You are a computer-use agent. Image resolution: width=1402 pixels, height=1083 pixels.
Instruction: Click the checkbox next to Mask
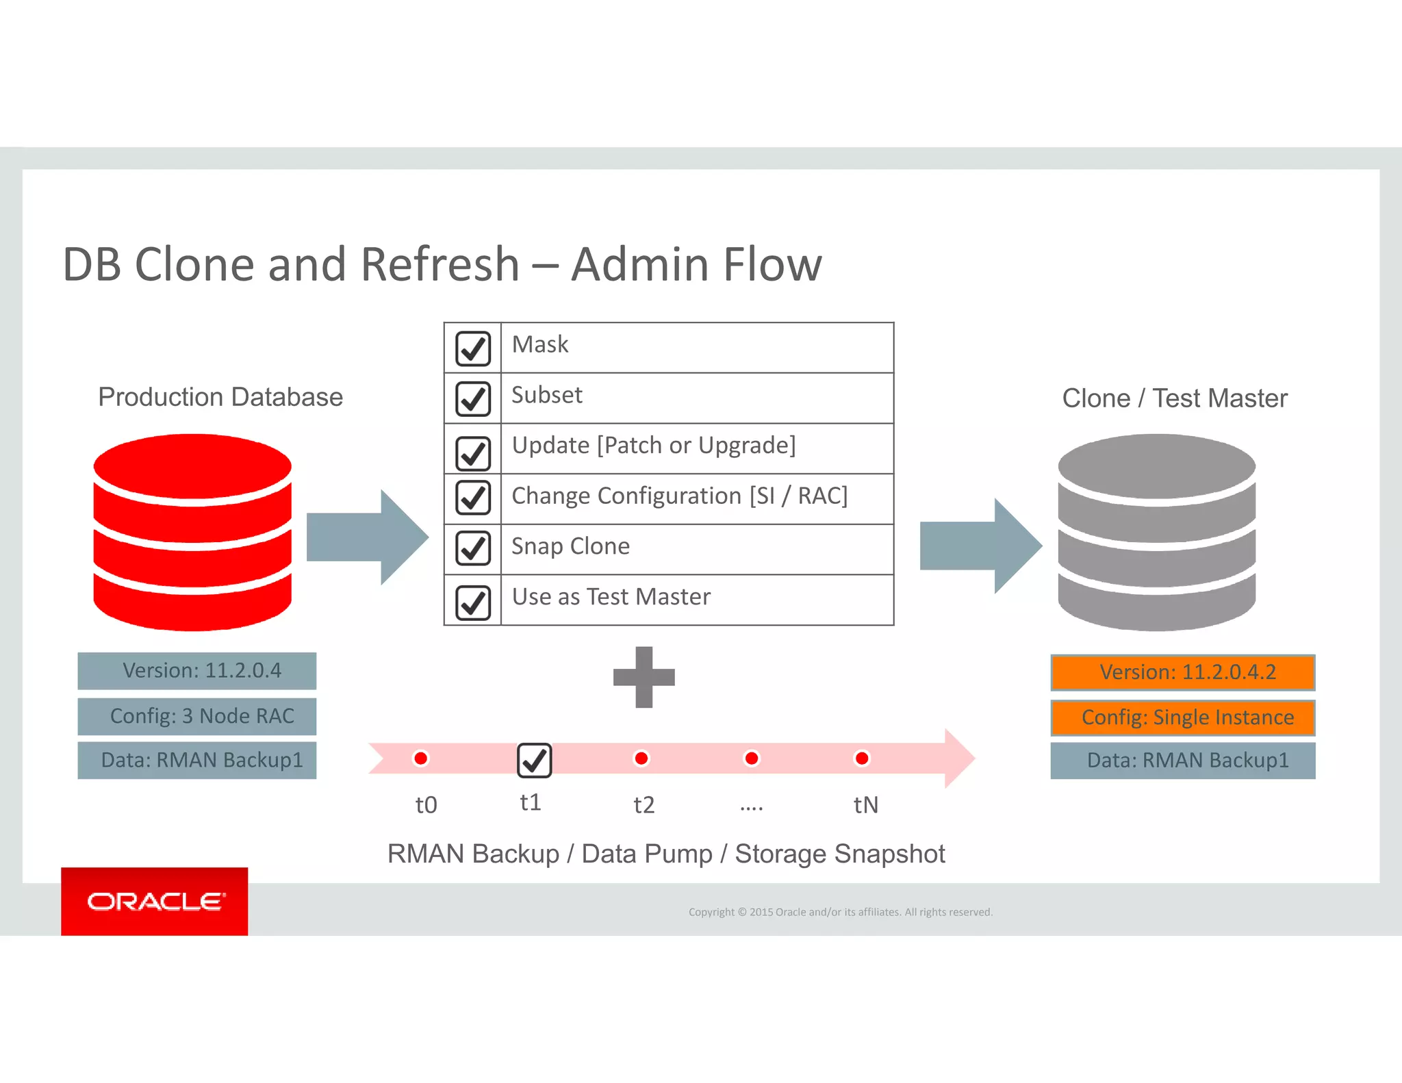coord(472,348)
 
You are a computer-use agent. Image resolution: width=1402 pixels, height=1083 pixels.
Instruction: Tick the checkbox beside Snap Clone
coord(472,548)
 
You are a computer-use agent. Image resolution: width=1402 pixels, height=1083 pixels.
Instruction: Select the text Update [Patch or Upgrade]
coord(654,446)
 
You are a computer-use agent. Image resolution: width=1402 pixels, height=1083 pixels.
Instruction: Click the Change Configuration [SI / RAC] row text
coord(679,496)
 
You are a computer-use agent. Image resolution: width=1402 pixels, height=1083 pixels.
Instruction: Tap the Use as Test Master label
coord(611,597)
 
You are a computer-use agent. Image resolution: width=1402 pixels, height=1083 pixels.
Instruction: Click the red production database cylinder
coord(192,533)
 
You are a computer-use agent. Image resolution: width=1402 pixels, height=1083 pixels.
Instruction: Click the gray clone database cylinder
coord(1156,533)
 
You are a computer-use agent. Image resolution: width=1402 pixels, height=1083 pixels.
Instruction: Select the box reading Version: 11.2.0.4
coord(197,671)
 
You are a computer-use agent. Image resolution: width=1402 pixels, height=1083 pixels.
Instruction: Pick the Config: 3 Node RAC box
coord(197,716)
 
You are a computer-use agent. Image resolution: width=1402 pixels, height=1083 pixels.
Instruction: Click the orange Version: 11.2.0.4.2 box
coord(1182,672)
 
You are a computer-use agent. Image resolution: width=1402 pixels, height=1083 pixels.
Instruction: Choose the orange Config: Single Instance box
coord(1182,717)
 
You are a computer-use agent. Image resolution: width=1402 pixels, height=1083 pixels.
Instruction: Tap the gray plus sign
coord(643,677)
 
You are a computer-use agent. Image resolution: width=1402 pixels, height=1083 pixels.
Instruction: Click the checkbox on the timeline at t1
coord(534,760)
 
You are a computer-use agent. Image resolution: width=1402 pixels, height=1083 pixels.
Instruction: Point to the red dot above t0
coord(421,758)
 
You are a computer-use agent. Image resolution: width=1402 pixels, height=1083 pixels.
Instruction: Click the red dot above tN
coord(862,758)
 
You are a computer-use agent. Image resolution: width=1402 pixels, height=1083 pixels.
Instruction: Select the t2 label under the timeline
coord(643,804)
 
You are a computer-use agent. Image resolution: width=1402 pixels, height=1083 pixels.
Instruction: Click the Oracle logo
coord(155,901)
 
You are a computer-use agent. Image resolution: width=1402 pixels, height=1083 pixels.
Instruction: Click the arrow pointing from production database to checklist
coord(366,537)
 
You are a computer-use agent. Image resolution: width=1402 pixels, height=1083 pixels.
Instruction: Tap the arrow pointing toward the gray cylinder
coord(980,546)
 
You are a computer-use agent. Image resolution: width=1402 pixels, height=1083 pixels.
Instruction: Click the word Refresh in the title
coord(439,264)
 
